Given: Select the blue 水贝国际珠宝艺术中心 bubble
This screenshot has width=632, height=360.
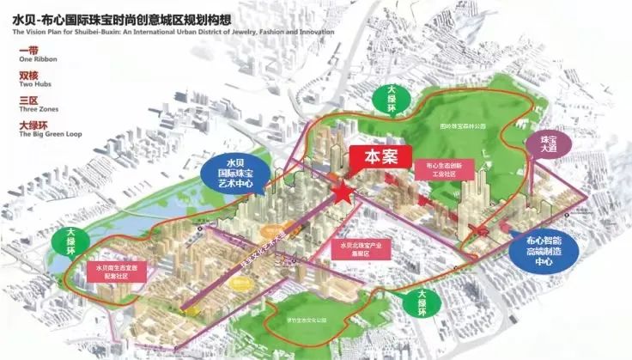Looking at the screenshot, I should (x=241, y=172).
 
